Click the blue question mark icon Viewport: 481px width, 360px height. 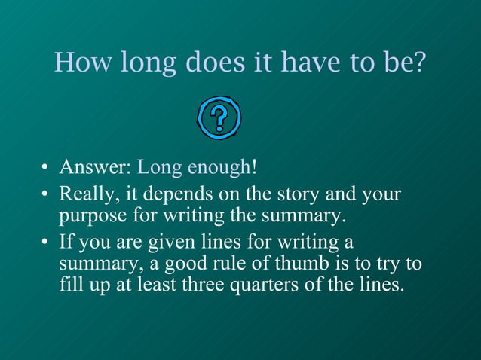[219, 117]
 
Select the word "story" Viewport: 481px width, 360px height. [302, 194]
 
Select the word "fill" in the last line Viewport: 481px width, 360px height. [70, 286]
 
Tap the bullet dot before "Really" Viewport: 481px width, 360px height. [45, 196]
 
